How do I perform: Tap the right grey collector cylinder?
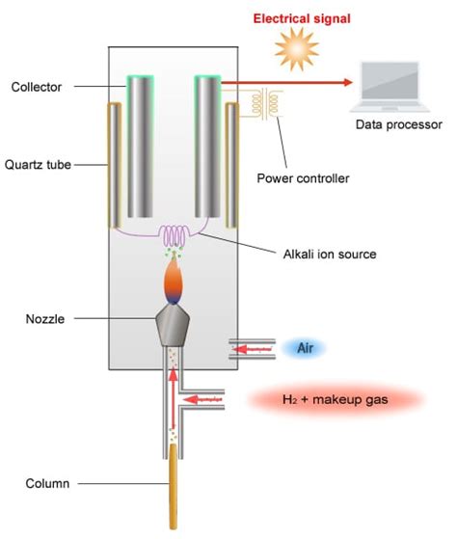click(x=209, y=145)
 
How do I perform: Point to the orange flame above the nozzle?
click(x=175, y=284)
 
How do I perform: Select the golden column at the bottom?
click(x=175, y=492)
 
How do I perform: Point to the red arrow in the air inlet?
click(x=247, y=347)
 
